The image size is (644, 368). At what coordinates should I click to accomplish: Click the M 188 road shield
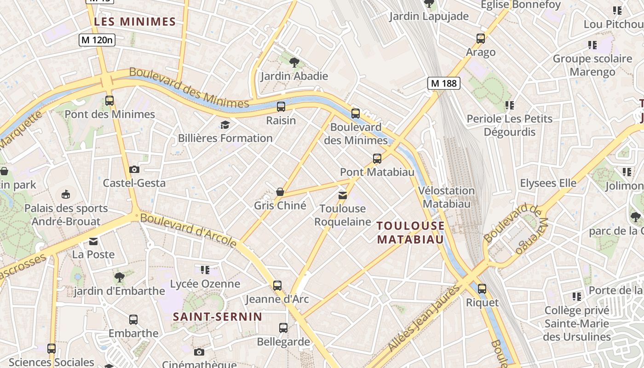click(x=443, y=83)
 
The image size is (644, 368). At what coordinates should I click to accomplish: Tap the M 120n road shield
click(x=97, y=40)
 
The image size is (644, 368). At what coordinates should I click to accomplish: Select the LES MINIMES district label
click(x=135, y=22)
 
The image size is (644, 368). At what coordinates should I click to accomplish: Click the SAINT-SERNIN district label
click(x=218, y=316)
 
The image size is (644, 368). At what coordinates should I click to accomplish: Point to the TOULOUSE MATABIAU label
click(x=410, y=232)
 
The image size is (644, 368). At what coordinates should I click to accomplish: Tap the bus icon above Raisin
click(x=281, y=107)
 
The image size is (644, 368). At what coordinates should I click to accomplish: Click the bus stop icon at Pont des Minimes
click(x=109, y=101)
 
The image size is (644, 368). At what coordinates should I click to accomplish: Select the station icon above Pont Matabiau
click(x=377, y=159)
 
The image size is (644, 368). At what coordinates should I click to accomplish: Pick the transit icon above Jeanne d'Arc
click(x=277, y=285)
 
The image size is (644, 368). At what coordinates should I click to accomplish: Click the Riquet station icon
click(x=482, y=289)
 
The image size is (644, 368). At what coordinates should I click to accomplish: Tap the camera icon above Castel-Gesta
click(x=134, y=169)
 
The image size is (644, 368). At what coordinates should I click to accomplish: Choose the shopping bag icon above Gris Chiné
click(x=280, y=191)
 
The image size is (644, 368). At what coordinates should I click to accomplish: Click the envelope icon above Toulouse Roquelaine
click(x=343, y=195)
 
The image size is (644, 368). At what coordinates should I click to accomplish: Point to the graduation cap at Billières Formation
click(x=225, y=125)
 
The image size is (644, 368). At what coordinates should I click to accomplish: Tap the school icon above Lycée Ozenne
click(x=205, y=270)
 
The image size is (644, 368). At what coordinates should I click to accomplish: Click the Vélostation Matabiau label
click(x=447, y=197)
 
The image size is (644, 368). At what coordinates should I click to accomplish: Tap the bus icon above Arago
click(x=481, y=39)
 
